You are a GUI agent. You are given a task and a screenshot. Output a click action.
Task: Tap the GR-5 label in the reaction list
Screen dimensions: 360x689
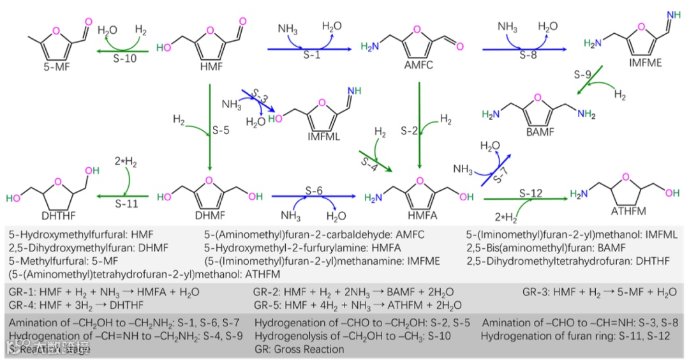click(x=269, y=305)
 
